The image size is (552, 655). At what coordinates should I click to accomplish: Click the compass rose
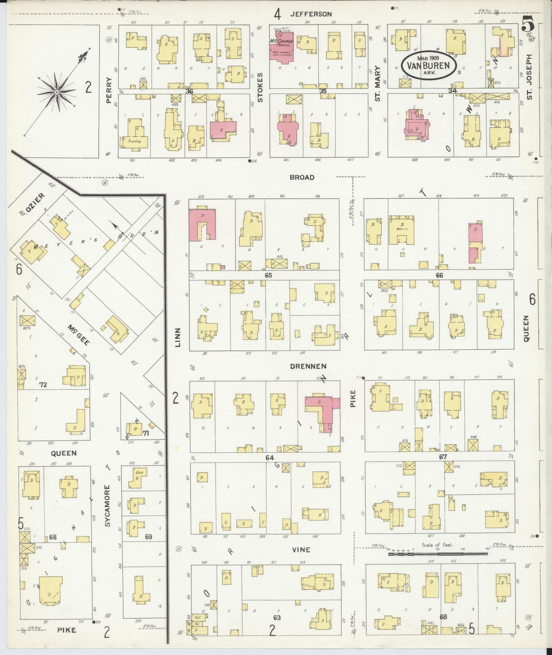[x=57, y=92]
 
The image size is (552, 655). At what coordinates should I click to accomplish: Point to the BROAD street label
[x=302, y=177]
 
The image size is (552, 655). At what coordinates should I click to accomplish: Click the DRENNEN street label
[x=308, y=366]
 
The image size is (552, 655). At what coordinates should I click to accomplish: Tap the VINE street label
[x=301, y=550]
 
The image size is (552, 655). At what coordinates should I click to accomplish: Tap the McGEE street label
[x=79, y=335]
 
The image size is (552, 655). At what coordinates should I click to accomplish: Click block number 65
[x=268, y=275]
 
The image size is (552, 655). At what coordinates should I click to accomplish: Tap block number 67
[x=443, y=457]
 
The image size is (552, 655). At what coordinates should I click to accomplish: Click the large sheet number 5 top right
[x=528, y=26]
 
